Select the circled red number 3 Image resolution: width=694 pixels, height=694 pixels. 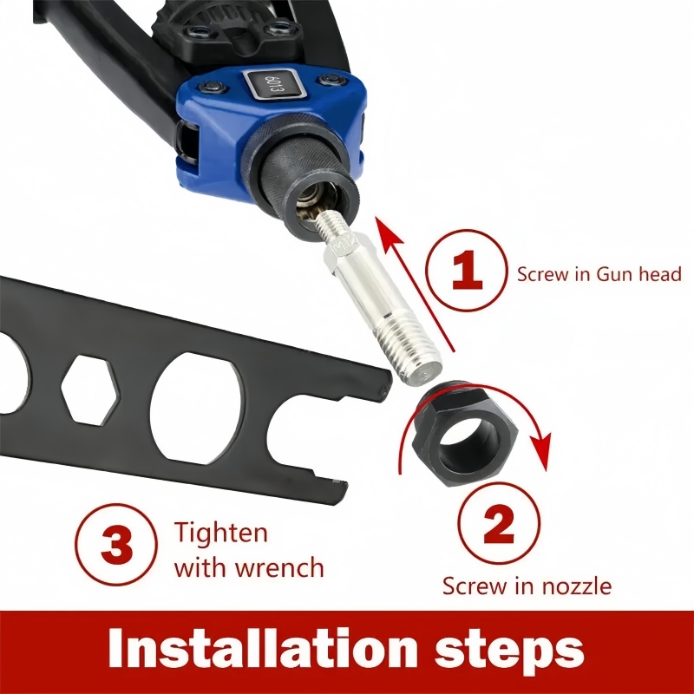click(x=117, y=547)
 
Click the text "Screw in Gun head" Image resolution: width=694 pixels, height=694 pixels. click(x=599, y=274)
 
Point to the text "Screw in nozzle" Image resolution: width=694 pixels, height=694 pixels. click(x=527, y=586)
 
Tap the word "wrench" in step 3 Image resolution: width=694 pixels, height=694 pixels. click(x=279, y=568)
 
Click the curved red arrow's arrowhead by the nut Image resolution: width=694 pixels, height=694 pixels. click(x=541, y=451)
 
